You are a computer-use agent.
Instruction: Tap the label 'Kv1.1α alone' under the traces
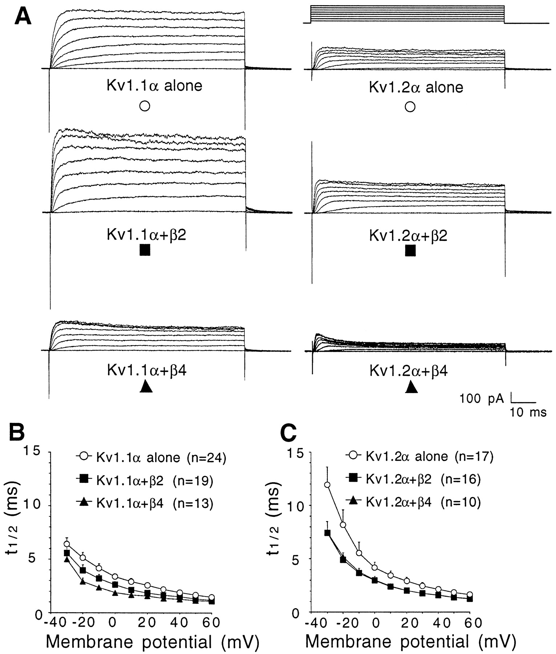(154, 86)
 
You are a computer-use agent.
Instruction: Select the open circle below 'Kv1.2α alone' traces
(410, 106)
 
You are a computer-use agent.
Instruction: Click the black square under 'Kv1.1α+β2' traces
(145, 250)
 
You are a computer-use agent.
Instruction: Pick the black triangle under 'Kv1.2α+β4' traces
(412, 387)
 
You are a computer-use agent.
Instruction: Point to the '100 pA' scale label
(482, 399)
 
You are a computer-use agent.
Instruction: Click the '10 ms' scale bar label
(527, 413)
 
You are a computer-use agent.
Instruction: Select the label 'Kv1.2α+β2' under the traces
(408, 236)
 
